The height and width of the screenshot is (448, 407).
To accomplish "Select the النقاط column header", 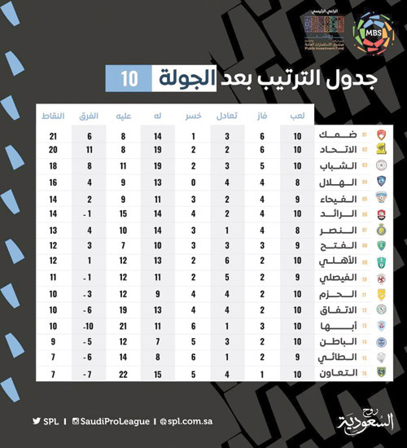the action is (x=53, y=116).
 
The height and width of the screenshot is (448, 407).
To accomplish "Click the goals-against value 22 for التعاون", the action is (x=123, y=373).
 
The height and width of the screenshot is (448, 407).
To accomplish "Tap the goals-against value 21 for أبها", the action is (x=123, y=325).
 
